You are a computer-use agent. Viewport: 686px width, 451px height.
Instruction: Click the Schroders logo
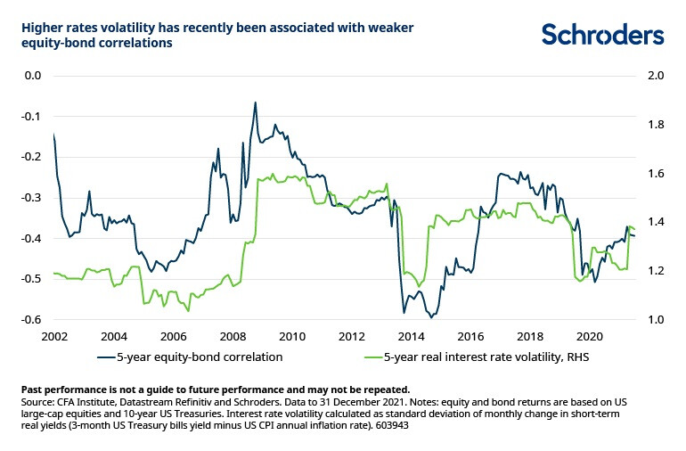tap(602, 35)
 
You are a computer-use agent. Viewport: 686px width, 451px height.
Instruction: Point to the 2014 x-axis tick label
tap(410, 338)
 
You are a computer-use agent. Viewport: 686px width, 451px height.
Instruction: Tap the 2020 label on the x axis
tap(588, 338)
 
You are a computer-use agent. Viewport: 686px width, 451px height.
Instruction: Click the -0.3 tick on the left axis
tap(32, 198)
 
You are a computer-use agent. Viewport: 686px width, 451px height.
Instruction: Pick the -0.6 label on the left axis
tap(32, 320)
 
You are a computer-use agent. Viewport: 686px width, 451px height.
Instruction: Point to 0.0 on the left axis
tap(34, 76)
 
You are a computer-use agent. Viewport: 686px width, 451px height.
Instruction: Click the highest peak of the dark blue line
tap(256, 102)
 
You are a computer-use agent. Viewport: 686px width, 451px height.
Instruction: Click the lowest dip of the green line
tap(188, 310)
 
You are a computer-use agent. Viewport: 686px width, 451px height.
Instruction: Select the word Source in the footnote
tap(37, 403)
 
